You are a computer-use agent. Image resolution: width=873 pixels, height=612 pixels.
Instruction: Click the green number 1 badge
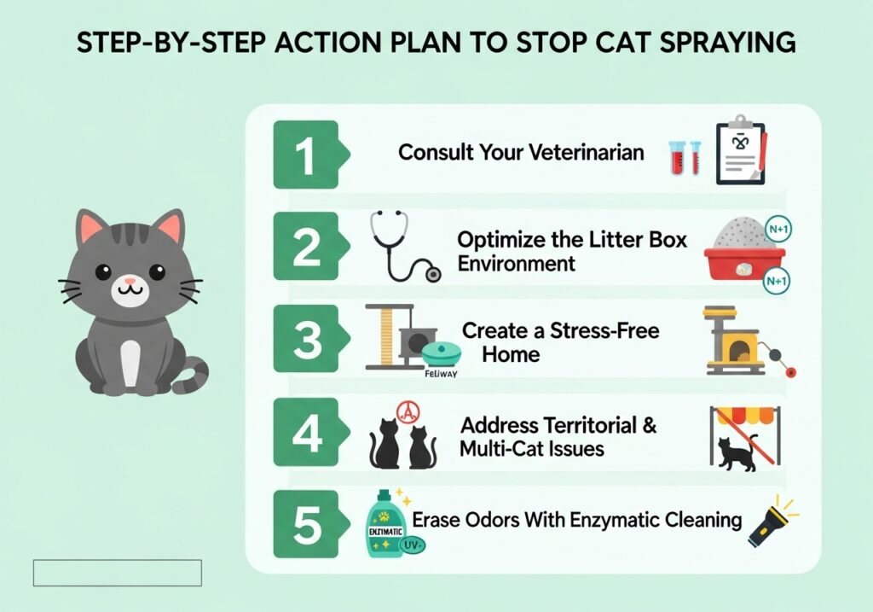click(304, 154)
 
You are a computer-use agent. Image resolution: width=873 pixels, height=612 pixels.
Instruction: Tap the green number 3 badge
click(304, 341)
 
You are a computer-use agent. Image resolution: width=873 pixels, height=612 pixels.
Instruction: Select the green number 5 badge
click(304, 527)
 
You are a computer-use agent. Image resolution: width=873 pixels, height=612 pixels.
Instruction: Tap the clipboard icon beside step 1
click(739, 149)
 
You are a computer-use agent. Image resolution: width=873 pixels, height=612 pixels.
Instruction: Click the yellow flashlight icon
click(770, 522)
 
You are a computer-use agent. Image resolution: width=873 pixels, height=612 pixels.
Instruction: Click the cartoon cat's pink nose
click(130, 280)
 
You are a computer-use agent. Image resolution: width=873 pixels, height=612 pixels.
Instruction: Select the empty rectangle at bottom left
click(118, 573)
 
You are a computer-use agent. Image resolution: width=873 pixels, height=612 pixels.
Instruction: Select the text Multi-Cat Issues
click(532, 448)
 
